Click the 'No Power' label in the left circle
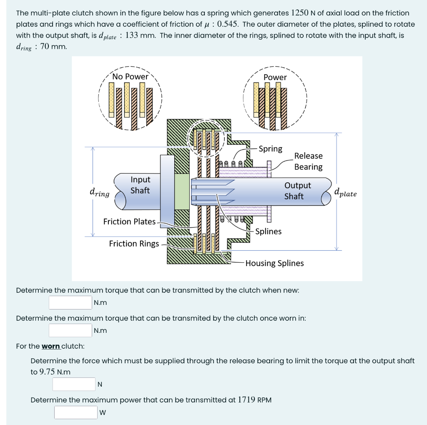click(x=130, y=77)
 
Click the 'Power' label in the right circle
click(x=275, y=78)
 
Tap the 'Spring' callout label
click(x=270, y=149)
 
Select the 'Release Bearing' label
click(x=308, y=161)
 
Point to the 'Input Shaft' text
click(x=140, y=185)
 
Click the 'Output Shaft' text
click(x=297, y=191)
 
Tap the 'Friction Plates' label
click(x=129, y=221)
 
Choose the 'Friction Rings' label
click(x=134, y=244)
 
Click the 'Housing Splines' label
click(x=274, y=263)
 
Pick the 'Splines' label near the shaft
click(x=268, y=231)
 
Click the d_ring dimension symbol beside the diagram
click(x=99, y=193)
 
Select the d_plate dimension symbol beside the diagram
click(x=345, y=193)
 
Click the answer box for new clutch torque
click(x=70, y=302)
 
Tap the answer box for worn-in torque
click(x=70, y=330)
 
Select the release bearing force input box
click(x=74, y=384)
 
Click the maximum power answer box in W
click(x=76, y=412)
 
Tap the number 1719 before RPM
click(x=247, y=400)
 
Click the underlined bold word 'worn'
click(x=51, y=346)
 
